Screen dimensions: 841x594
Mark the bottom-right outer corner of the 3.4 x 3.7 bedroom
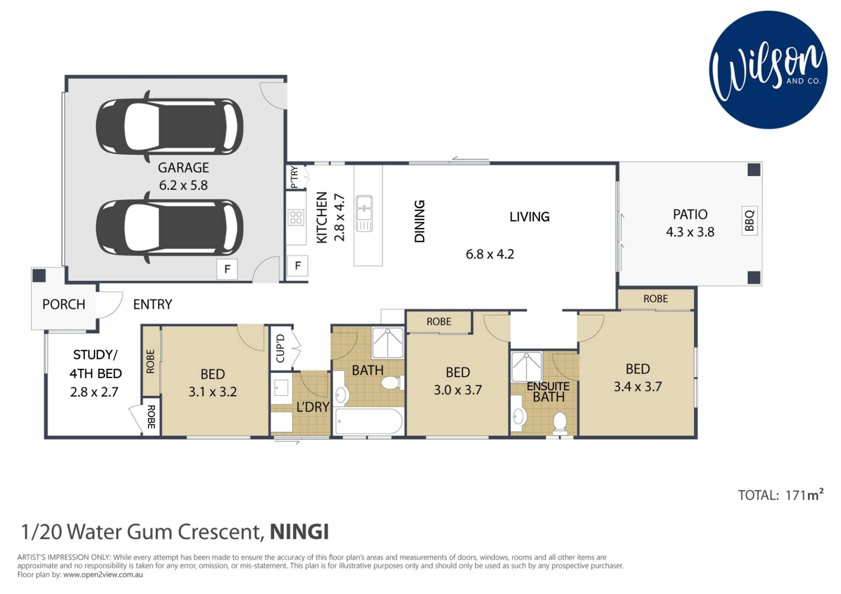point(696,438)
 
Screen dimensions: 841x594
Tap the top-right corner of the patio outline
point(762,162)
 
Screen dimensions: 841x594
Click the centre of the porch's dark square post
point(39,275)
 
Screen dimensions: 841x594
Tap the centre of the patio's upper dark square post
point(754,170)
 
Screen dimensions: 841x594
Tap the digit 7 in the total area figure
point(793,495)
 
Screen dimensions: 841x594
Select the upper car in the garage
point(170,127)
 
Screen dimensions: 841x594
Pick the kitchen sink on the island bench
point(364,213)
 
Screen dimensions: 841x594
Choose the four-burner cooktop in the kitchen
point(296,218)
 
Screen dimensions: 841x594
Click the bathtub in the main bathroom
point(368,421)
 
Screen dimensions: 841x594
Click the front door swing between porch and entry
point(110,305)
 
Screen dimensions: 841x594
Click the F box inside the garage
point(227,269)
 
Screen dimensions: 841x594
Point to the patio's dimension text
point(690,232)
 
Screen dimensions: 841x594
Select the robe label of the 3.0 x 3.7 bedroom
point(439,322)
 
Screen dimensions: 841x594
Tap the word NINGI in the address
point(299,532)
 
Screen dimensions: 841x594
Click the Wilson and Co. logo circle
point(768,70)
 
